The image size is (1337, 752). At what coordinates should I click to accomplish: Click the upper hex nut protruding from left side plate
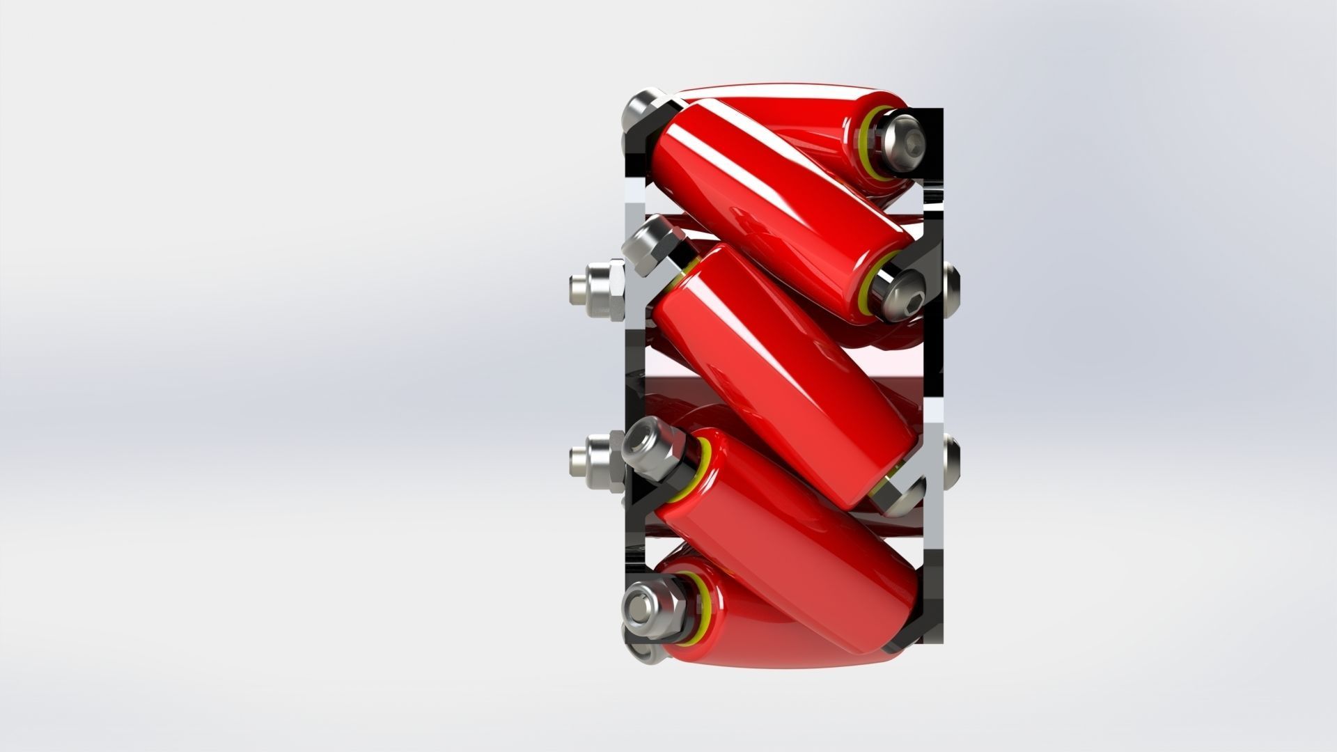click(x=599, y=290)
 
